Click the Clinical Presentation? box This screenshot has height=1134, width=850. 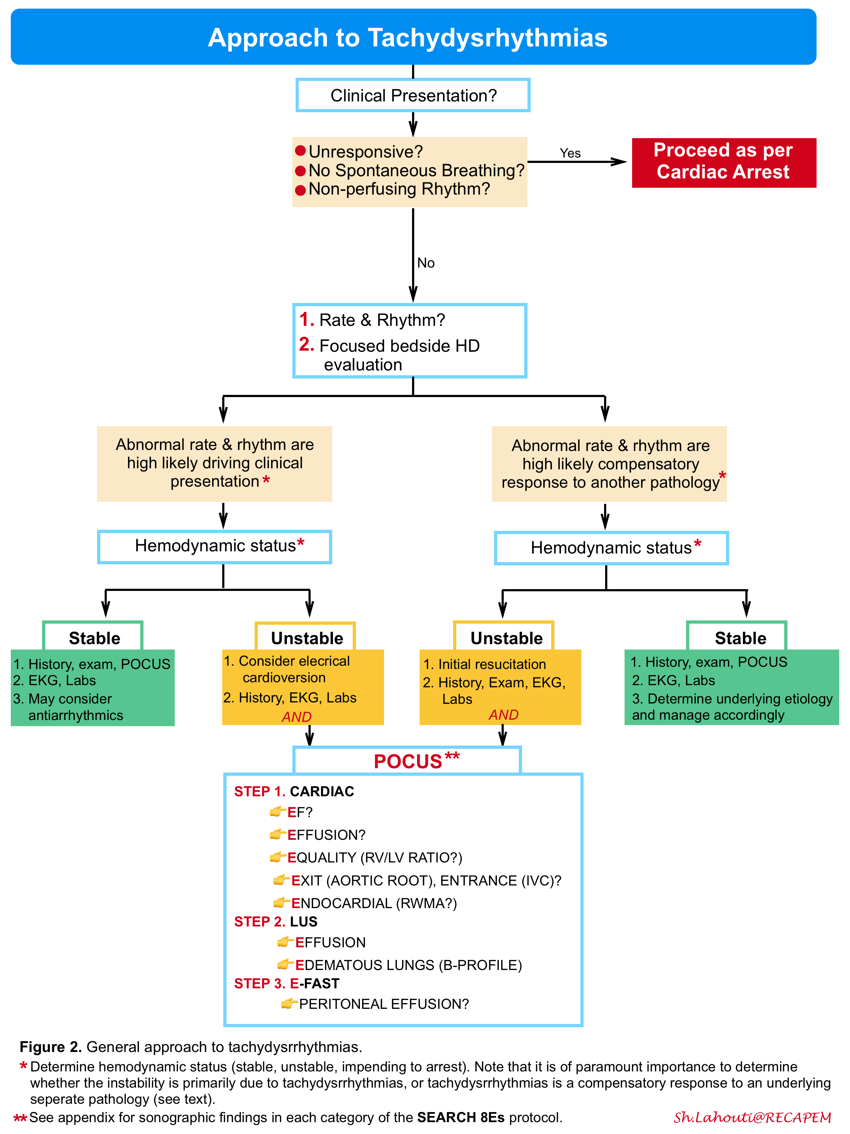pos(413,95)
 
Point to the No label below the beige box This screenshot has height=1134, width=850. pos(425,263)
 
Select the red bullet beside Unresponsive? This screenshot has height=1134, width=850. pos(301,151)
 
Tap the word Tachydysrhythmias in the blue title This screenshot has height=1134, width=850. pos(487,38)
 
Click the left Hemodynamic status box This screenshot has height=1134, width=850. pos(214,546)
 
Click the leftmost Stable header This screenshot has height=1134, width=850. pos(94,638)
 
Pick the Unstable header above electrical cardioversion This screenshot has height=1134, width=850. pos(307,638)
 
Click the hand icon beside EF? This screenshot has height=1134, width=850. pos(277,811)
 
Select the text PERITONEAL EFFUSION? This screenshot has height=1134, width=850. pos(384,1004)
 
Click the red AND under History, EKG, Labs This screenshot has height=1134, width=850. pos(296,717)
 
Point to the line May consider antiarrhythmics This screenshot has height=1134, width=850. pos(69,707)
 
